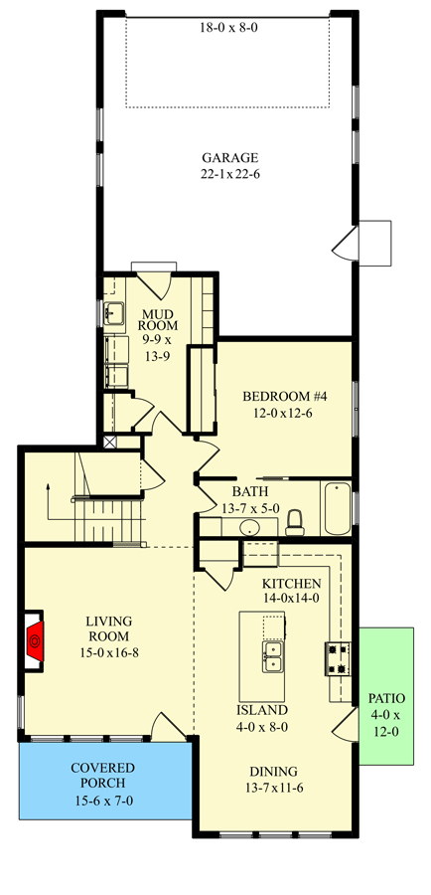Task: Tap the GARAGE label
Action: [x=229, y=157]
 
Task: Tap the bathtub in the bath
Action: [x=336, y=504]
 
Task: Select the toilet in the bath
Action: [x=294, y=521]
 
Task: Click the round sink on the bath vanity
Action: [x=249, y=528]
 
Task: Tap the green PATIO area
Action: [x=387, y=696]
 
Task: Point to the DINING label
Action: [x=270, y=772]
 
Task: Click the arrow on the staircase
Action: [x=47, y=487]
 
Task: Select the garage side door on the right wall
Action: [x=348, y=241]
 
